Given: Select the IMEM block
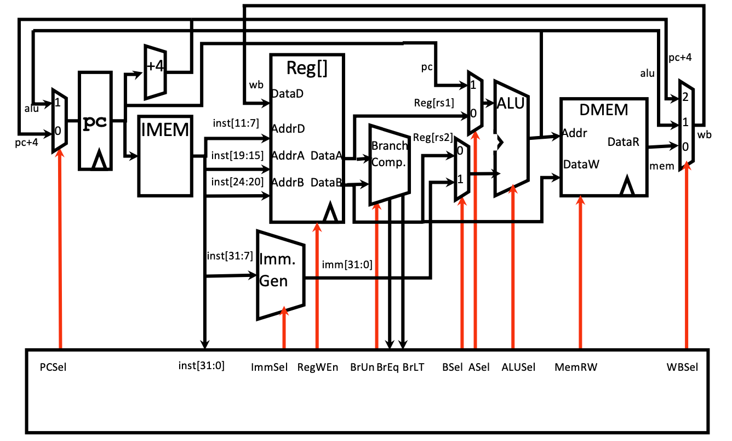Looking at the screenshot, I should [165, 155].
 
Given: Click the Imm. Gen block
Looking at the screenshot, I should [279, 273].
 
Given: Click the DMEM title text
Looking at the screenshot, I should [603, 110].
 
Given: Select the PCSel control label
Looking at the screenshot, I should [53, 366].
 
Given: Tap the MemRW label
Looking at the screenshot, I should [576, 366].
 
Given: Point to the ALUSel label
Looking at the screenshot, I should [518, 366].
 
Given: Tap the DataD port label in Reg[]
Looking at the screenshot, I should [288, 94].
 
